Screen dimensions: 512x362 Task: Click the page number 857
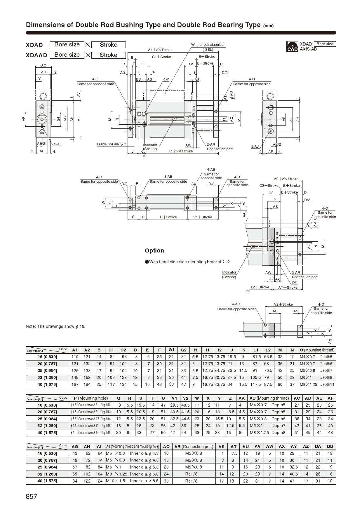32,497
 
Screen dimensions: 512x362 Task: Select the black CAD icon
292,47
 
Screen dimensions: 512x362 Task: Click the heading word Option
154,251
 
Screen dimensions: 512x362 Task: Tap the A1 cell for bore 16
75,357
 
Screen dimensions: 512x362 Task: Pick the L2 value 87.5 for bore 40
268,384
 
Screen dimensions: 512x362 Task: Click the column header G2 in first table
183,350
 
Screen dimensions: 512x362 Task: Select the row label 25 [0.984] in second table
47,419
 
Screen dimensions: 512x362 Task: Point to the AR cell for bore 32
194,474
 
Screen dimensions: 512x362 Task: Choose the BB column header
330,446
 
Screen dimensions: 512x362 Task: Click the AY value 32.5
294,467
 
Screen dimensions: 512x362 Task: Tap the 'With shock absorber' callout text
208,45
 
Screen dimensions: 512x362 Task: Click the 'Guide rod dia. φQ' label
112,144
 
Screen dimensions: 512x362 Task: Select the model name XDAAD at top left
36,55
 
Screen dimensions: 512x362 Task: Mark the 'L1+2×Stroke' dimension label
181,151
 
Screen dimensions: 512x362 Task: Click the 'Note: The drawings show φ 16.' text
55,326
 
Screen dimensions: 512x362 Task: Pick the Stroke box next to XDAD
108,45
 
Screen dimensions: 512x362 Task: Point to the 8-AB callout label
168,177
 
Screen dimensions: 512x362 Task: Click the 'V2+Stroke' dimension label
283,304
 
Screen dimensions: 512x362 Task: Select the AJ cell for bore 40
132,481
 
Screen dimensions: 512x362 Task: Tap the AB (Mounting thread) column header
269,398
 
